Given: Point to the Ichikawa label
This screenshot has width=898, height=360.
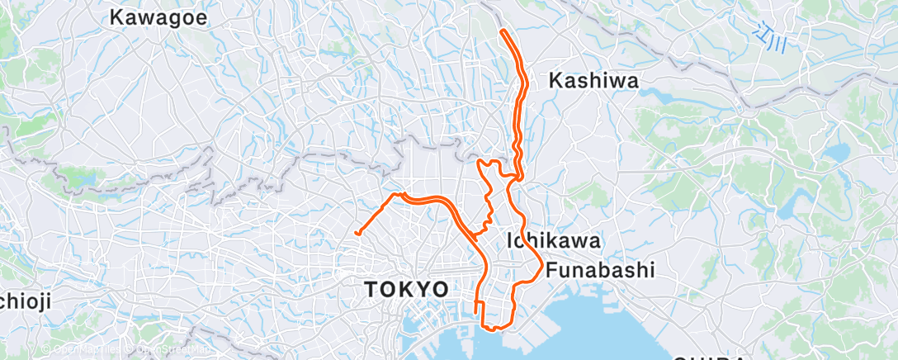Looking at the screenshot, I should pyautogui.click(x=552, y=240).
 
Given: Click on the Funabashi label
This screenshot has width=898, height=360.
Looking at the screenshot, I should pyautogui.click(x=600, y=270).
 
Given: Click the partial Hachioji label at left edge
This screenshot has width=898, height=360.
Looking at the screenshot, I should pyautogui.click(x=22, y=301).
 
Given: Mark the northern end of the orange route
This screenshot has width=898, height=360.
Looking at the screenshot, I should pyautogui.click(x=503, y=31).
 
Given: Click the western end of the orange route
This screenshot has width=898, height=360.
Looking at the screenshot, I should pyautogui.click(x=357, y=234).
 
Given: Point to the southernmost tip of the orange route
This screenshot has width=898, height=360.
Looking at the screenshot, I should pyautogui.click(x=492, y=329).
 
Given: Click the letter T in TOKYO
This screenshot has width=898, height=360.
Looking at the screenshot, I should pyautogui.click(x=372, y=289).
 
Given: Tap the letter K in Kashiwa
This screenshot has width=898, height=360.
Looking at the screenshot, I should pyautogui.click(x=555, y=80).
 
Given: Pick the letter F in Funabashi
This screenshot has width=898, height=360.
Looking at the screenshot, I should pyautogui.click(x=551, y=270).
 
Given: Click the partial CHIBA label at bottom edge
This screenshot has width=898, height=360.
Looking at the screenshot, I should pyautogui.click(x=710, y=357).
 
